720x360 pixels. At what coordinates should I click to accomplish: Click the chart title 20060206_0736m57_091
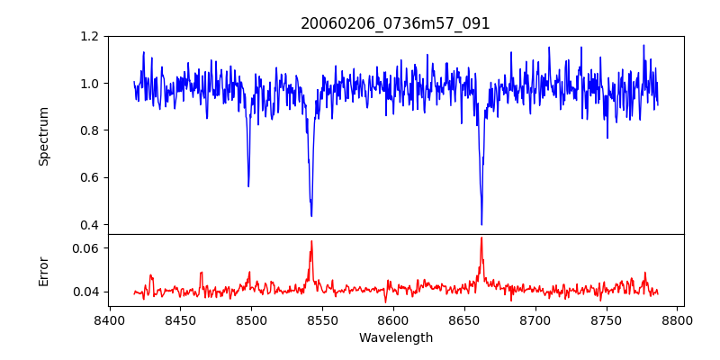395,23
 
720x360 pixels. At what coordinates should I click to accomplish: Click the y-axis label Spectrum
43,136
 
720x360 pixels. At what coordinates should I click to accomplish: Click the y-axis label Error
43,270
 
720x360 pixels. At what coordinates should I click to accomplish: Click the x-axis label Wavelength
395,338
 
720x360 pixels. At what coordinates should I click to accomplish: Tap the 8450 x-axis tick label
180,319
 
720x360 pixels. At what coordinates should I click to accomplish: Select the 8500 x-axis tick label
251,319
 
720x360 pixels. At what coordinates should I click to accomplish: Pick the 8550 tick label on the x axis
322,319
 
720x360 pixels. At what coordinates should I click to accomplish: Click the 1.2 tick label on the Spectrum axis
90,37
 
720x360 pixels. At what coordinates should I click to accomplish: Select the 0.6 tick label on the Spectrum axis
90,177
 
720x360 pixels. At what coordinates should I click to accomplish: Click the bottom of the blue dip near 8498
248,186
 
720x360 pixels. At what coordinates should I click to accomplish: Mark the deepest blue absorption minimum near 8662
481,224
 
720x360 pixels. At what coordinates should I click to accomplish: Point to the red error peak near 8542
311,241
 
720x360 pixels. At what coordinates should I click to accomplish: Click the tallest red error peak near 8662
481,238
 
